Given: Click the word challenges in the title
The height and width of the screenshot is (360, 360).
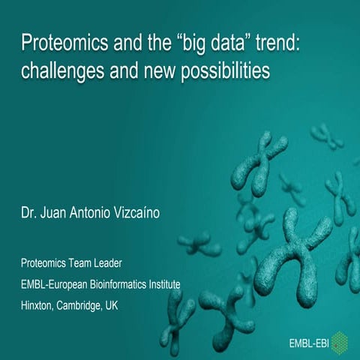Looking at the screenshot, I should (58, 70).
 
